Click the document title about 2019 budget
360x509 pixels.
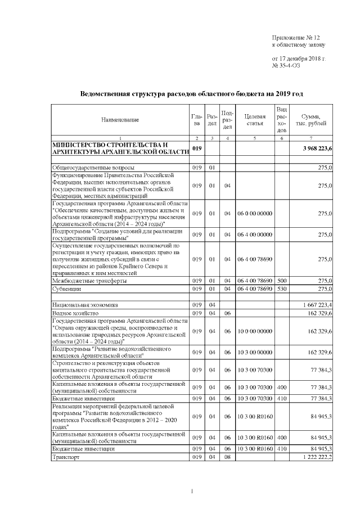pyautogui.click(x=192, y=93)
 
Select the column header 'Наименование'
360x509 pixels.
pyautogui.click(x=120, y=120)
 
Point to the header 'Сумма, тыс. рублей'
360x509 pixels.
pyautogui.click(x=311, y=120)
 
